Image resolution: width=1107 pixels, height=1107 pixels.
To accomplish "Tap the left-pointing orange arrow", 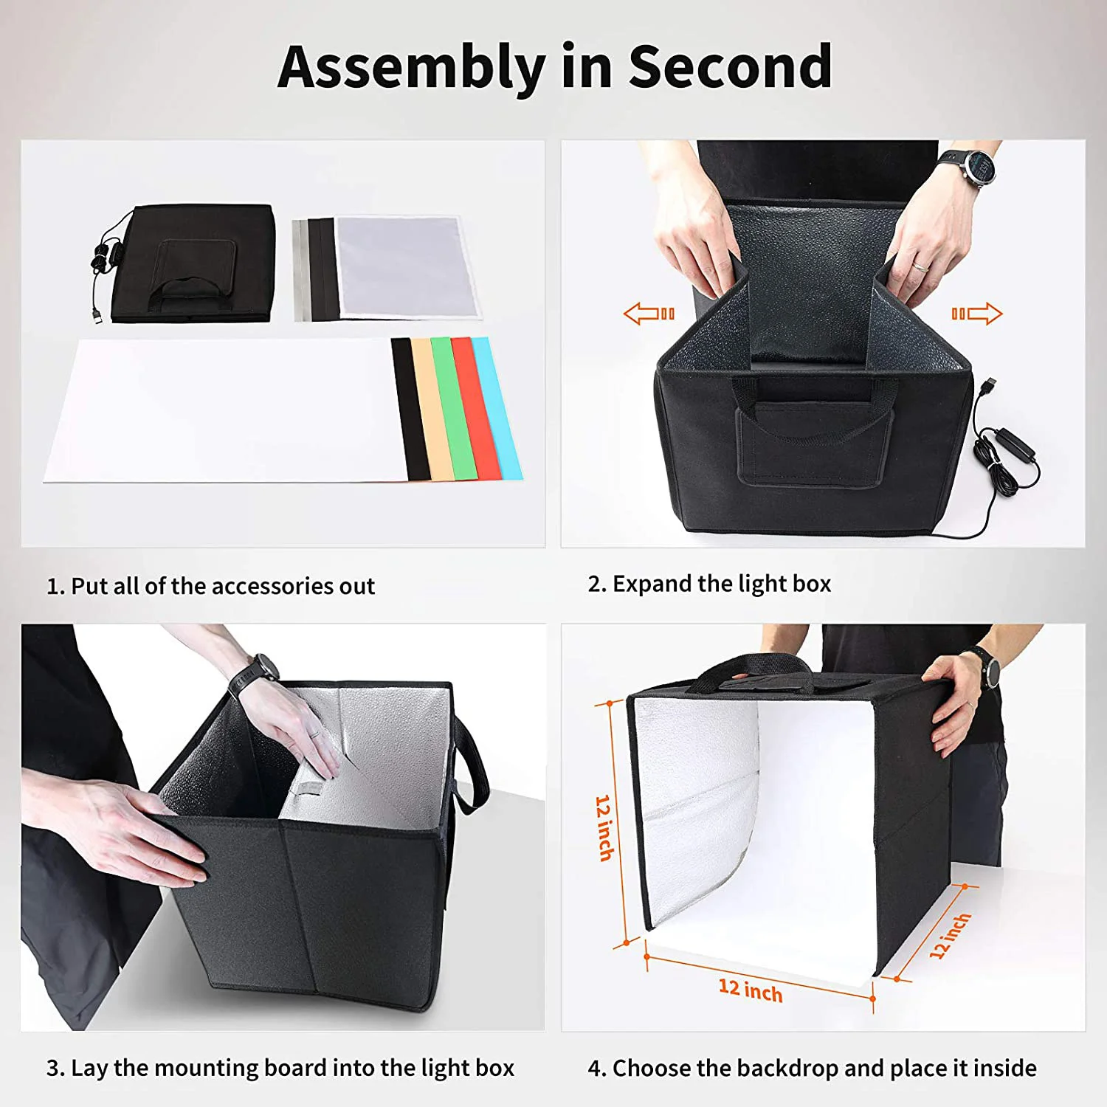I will coord(649,314).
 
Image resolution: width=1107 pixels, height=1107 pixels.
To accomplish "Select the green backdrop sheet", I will coord(452,408).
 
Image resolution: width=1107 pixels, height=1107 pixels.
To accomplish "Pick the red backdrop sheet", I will coord(475,408).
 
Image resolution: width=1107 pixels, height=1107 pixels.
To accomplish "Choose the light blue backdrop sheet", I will coord(497,408).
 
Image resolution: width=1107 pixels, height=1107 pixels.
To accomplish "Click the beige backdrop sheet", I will coord(432,408).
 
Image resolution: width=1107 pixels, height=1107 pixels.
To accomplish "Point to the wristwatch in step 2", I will coord(978,168).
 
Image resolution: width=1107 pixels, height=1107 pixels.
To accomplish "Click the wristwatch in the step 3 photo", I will coord(258,670).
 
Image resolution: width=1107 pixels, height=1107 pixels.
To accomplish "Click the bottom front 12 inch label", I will coord(750,990).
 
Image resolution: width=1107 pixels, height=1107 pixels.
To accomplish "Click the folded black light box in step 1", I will coord(193,264).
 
